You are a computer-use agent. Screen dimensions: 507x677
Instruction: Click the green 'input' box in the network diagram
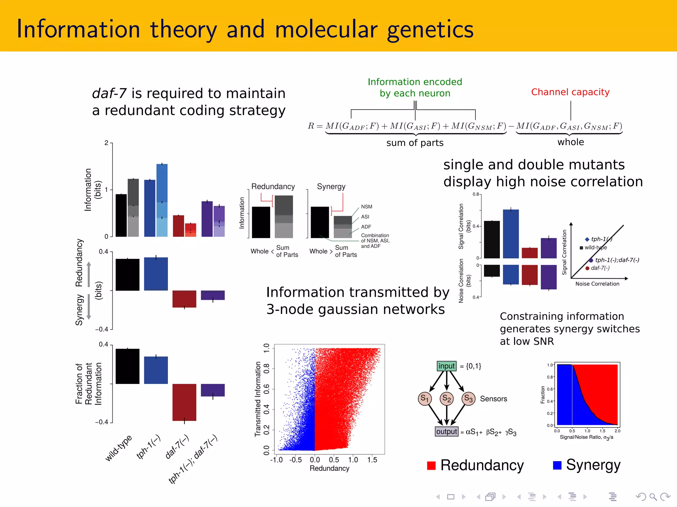pyautogui.click(x=446, y=366)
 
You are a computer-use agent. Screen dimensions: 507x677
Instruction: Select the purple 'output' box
pyautogui.click(x=446, y=431)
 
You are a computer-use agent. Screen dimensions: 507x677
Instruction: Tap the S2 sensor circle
pyautogui.click(x=446, y=398)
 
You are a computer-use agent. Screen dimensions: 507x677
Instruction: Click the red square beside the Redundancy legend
pyautogui.click(x=431, y=465)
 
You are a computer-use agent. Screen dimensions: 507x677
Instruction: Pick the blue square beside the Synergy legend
pyautogui.click(x=557, y=465)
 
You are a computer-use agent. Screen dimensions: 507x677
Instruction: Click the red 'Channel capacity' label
pyautogui.click(x=570, y=92)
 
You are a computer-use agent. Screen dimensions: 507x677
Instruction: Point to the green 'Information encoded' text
pyautogui.click(x=415, y=82)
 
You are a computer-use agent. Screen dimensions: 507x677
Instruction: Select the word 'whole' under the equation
pyautogui.click(x=571, y=142)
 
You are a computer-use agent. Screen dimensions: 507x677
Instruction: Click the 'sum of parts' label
pyautogui.click(x=415, y=143)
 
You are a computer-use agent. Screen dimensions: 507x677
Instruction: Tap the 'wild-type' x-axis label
pyautogui.click(x=118, y=448)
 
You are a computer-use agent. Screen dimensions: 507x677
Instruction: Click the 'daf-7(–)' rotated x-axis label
pyautogui.click(x=177, y=447)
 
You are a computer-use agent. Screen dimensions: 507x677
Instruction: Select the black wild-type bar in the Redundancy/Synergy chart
pyautogui.click(x=127, y=275)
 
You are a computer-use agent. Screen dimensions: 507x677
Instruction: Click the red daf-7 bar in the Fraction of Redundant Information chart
pyautogui.click(x=184, y=402)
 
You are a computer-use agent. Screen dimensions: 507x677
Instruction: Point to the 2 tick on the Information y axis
pyautogui.click(x=106, y=143)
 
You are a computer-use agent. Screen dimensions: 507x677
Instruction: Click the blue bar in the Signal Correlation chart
pyautogui.click(x=511, y=234)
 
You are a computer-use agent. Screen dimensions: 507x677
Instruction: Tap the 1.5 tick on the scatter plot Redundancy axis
pyautogui.click(x=372, y=460)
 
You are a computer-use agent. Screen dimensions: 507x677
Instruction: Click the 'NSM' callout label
pyautogui.click(x=367, y=207)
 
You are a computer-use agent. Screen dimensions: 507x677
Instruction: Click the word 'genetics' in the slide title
pyautogui.click(x=430, y=30)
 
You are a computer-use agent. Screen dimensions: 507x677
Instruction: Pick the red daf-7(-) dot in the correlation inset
pyautogui.click(x=587, y=268)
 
